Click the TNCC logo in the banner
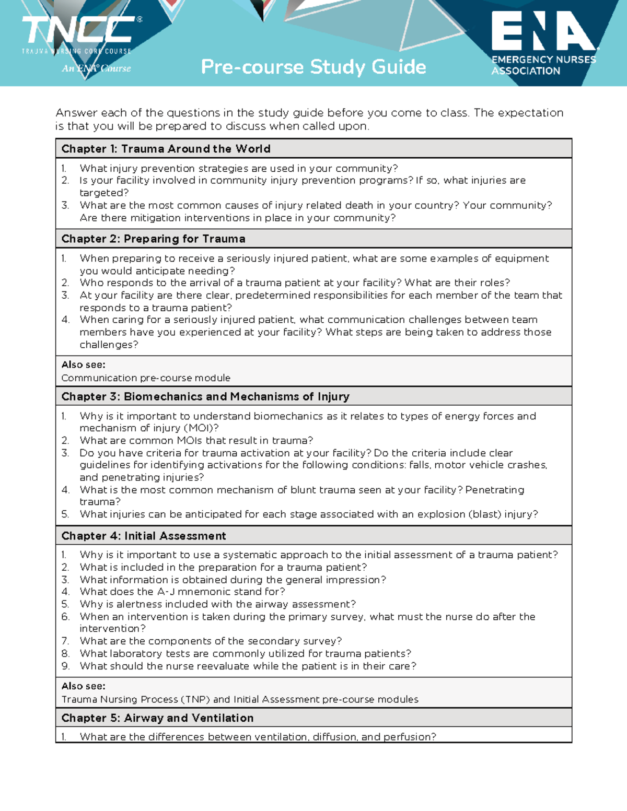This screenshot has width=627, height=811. pyautogui.click(x=78, y=30)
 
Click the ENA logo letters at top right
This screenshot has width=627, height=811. pyautogui.click(x=543, y=32)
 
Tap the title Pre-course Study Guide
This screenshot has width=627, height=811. pyautogui.click(x=313, y=67)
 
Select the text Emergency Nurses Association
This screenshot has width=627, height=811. pyautogui.click(x=543, y=65)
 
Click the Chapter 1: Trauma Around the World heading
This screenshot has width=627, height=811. pyautogui.click(x=166, y=149)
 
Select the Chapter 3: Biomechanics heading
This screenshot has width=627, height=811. pyautogui.click(x=205, y=396)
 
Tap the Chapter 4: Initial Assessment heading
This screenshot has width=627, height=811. pyautogui.click(x=144, y=536)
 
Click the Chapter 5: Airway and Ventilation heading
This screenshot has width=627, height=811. pyautogui.click(x=157, y=718)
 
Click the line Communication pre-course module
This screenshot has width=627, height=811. pyautogui.click(x=146, y=378)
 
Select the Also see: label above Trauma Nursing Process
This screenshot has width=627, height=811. pyautogui.click(x=83, y=686)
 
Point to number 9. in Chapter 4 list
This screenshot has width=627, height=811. pyautogui.click(x=65, y=666)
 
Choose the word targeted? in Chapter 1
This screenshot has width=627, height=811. pyautogui.click(x=104, y=193)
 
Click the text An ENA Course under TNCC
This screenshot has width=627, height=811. pyautogui.click(x=97, y=68)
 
